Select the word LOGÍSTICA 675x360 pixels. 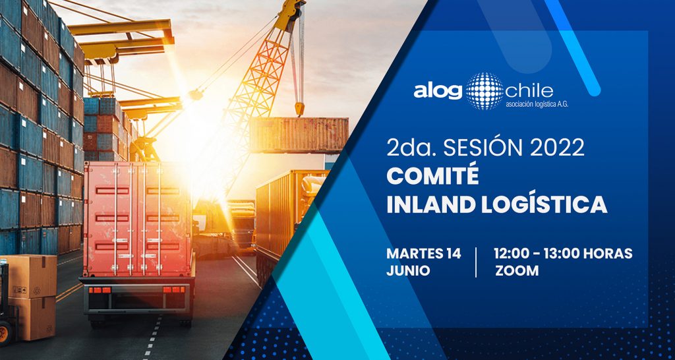pyautogui.click(x=544, y=204)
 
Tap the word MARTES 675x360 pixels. pyautogui.click(x=413, y=254)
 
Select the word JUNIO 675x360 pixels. pyautogui.click(x=408, y=271)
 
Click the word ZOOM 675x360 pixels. pyautogui.click(x=517, y=271)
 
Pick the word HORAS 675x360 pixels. pyautogui.click(x=610, y=253)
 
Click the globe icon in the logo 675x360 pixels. pyautogui.click(x=484, y=91)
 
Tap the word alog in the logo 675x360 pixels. pyautogui.click(x=438, y=92)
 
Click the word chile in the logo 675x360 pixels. pyautogui.click(x=529, y=91)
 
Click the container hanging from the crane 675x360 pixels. pyautogui.click(x=300, y=135)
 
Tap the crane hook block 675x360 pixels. pyautogui.click(x=300, y=108)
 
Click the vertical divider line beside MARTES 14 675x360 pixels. pyautogui.click(x=476, y=262)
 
